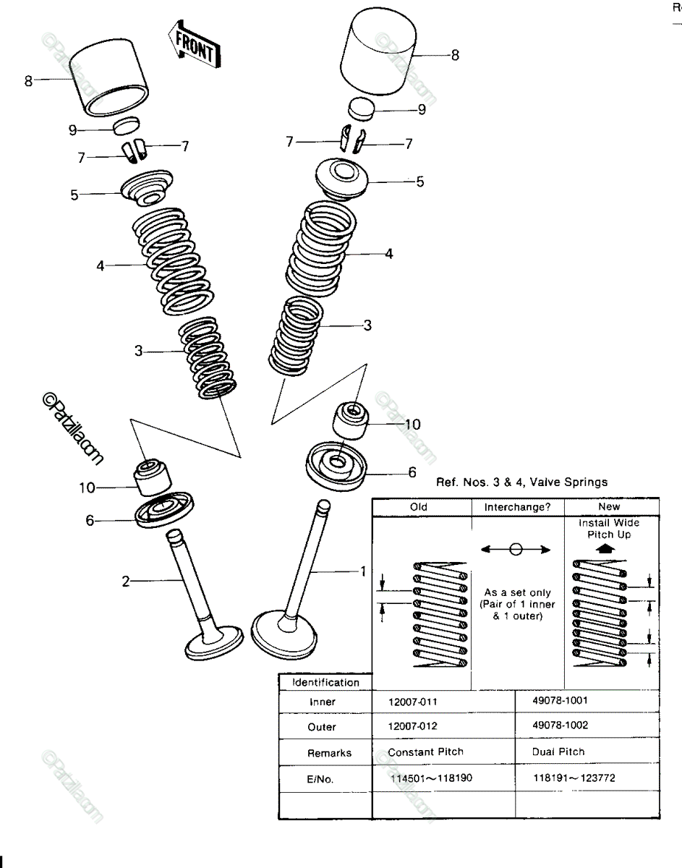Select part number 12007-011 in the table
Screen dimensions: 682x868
click(x=413, y=702)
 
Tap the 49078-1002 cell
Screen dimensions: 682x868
click(x=560, y=725)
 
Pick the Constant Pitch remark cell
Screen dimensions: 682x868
click(x=426, y=752)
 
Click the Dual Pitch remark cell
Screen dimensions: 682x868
click(x=558, y=752)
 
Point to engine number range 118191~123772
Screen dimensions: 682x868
click(x=574, y=778)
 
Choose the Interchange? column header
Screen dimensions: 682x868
click(x=518, y=507)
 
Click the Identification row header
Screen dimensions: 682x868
click(x=326, y=682)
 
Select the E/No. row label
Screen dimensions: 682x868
click(x=320, y=779)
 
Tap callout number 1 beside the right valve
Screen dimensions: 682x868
click(x=363, y=571)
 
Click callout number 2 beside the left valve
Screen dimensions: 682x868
click(x=126, y=581)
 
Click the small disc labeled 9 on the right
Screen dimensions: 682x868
click(x=362, y=109)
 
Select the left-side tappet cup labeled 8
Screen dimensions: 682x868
click(x=108, y=77)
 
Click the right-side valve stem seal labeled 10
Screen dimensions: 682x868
click(x=350, y=421)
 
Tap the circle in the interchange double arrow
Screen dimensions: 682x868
click(x=516, y=550)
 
